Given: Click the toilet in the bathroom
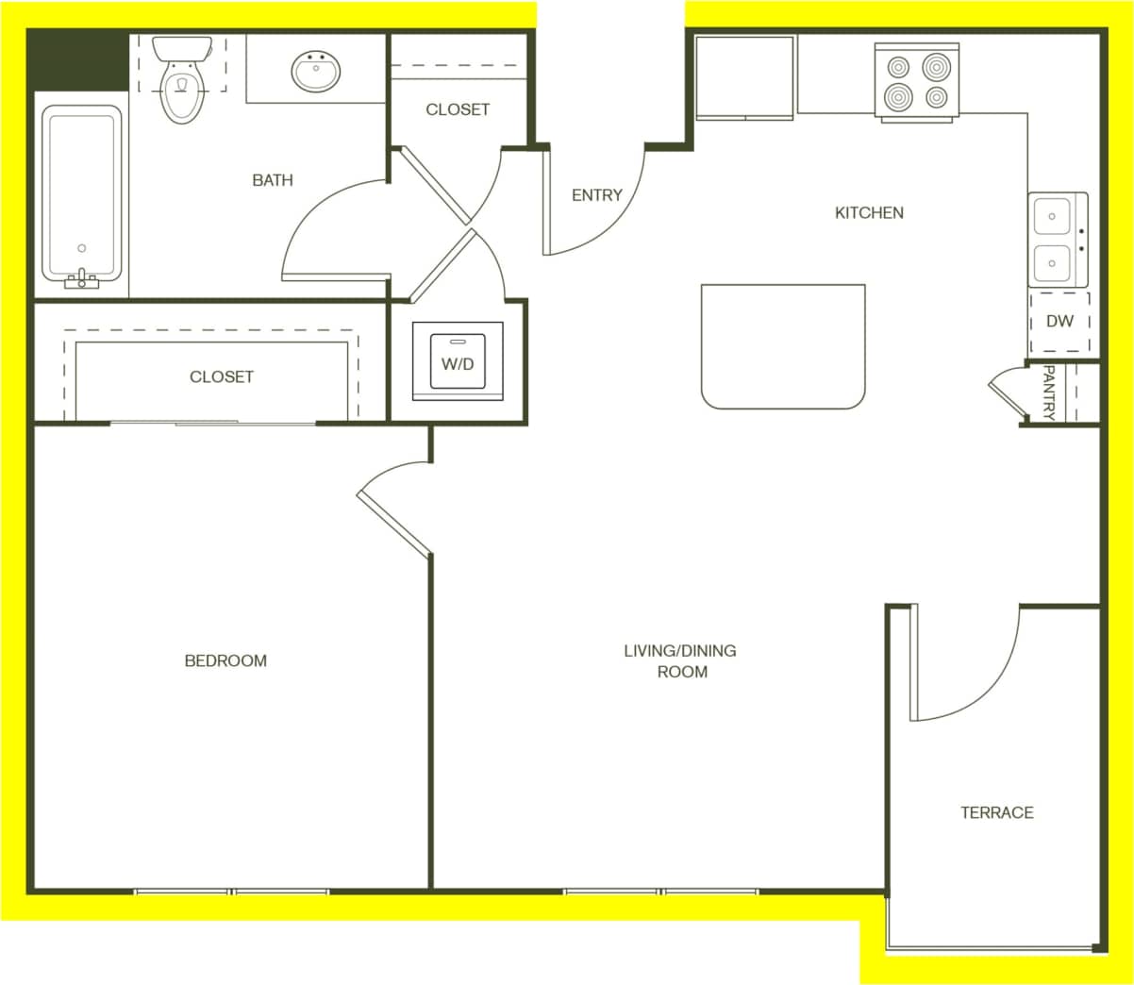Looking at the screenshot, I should point(182,83).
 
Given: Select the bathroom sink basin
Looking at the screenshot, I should point(316,72).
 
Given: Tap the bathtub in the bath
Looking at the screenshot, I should point(82,193).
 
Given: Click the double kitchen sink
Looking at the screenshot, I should point(1057,241).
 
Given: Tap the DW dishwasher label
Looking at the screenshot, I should point(1059,321).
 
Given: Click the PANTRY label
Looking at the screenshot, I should point(1048,392).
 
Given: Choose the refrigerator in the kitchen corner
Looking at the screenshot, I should point(744,78).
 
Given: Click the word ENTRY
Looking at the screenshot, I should point(596,195).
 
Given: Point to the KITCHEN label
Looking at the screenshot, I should point(869,213).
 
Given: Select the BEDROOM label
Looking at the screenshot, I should point(225,660).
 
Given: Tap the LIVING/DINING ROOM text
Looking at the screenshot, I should point(680,660).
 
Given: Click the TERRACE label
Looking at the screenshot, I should point(997,812).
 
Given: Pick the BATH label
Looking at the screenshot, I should point(273,180).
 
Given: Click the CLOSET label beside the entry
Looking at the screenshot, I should point(458,109).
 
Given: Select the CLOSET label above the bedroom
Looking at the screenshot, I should point(222,376).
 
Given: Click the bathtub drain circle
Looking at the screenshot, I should point(82,248).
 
